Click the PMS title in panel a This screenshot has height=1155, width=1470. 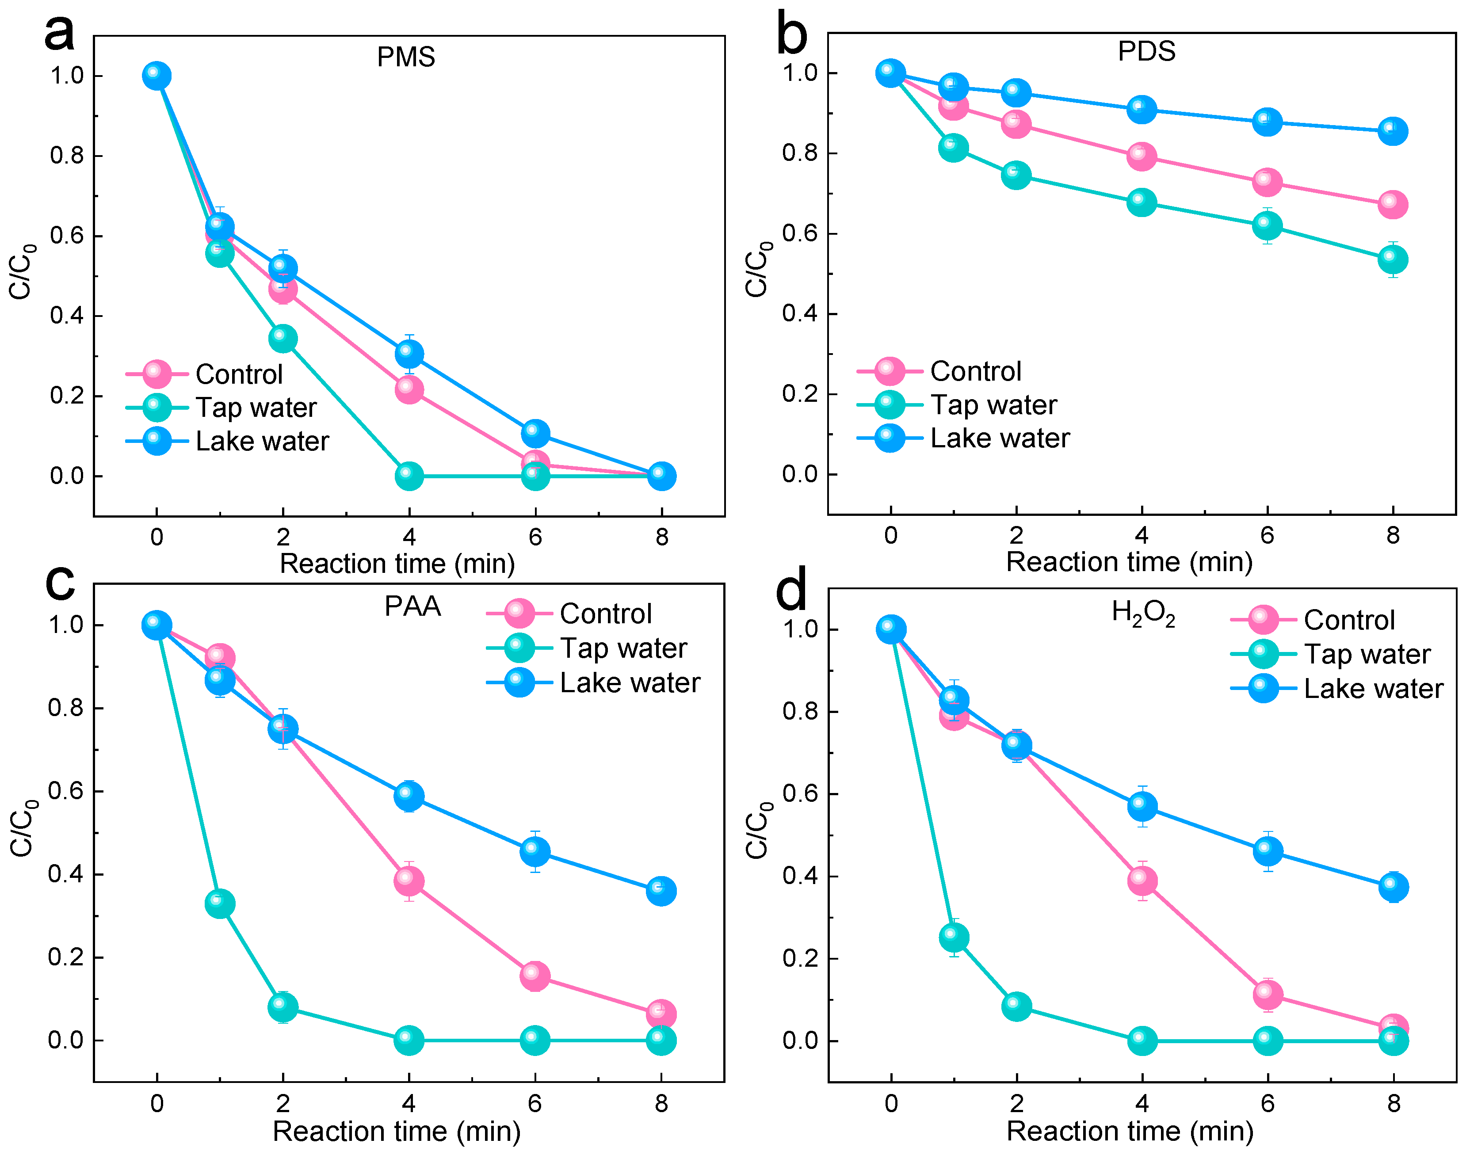point(406,57)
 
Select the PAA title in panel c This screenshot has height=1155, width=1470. point(412,606)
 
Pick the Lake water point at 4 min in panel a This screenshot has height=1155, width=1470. point(409,353)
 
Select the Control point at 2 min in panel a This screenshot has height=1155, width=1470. point(283,290)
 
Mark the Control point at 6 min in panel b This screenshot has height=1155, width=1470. point(1267,182)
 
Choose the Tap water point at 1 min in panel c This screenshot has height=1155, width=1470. point(220,903)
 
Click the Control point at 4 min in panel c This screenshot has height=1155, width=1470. point(409,881)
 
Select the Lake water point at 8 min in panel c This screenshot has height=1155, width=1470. point(661,891)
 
